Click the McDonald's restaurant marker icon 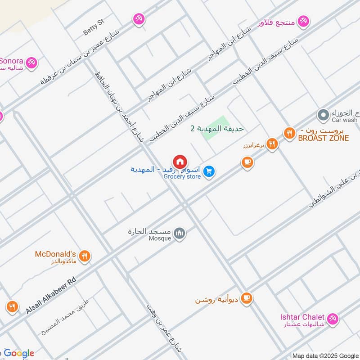(x=84, y=256)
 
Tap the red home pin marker (x=180, y=162)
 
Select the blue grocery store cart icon (x=208, y=171)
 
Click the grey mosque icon (x=180, y=233)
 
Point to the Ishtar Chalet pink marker (x=333, y=319)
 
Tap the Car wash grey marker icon (x=323, y=115)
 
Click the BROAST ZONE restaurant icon (x=289, y=133)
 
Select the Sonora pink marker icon (x=31, y=63)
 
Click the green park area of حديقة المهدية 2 (x=215, y=128)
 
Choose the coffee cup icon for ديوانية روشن (x=246, y=298)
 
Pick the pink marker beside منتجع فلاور (x=305, y=20)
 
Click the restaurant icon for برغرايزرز (x=272, y=144)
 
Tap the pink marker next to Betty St (x=138, y=19)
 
